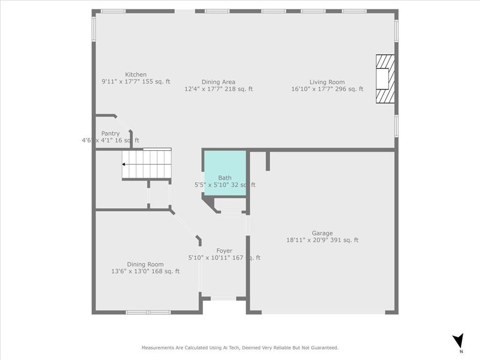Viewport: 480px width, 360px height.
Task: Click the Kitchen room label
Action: [x=135, y=75]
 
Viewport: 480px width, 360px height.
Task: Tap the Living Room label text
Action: [x=327, y=82]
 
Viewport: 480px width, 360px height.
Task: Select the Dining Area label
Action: [x=218, y=82]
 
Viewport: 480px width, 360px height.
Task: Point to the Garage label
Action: [x=322, y=233]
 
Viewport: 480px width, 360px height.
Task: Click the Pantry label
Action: [x=110, y=134]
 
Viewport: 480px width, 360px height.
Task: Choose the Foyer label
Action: [x=224, y=251]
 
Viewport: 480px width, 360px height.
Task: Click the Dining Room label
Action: [x=145, y=264]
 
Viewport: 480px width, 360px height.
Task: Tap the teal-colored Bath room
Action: [x=225, y=171]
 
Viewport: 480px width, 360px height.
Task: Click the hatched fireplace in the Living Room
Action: [x=385, y=79]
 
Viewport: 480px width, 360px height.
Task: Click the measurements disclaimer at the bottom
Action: [x=240, y=348]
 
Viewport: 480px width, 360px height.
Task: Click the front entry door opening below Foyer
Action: [x=224, y=298]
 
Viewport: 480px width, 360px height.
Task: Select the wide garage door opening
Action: [x=323, y=312]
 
